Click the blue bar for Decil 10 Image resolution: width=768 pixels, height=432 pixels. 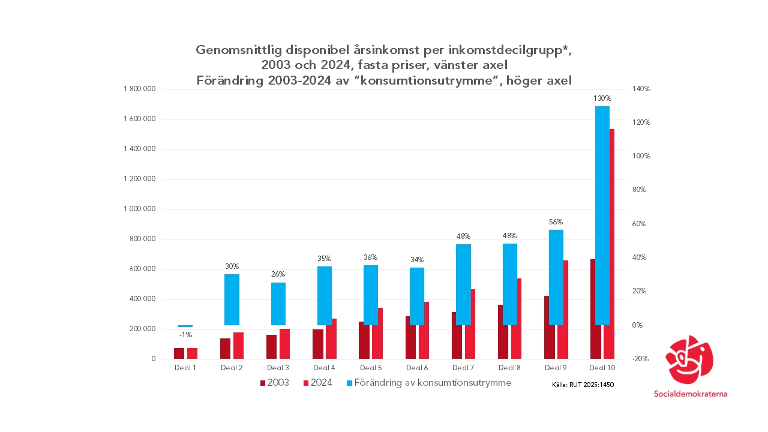click(x=602, y=216)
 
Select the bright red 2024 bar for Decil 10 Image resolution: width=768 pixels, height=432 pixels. click(x=612, y=240)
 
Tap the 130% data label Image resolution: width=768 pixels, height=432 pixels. click(x=602, y=98)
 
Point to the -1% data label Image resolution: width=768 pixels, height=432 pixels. click(x=185, y=335)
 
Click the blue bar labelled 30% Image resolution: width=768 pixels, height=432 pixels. click(x=232, y=299)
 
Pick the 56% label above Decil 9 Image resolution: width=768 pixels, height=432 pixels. click(x=556, y=222)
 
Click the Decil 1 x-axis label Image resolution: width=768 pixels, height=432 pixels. click(x=185, y=368)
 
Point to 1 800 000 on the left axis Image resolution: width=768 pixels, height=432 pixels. click(x=140, y=89)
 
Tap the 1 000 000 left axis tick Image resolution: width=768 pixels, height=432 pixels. click(x=140, y=209)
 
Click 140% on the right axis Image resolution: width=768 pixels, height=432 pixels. click(x=642, y=89)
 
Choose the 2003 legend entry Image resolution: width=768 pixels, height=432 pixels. click(x=274, y=383)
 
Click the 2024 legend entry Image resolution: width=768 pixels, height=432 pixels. click(x=317, y=383)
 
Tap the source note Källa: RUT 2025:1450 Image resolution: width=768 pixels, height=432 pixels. click(x=583, y=384)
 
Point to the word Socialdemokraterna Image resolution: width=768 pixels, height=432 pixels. click(x=691, y=394)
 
